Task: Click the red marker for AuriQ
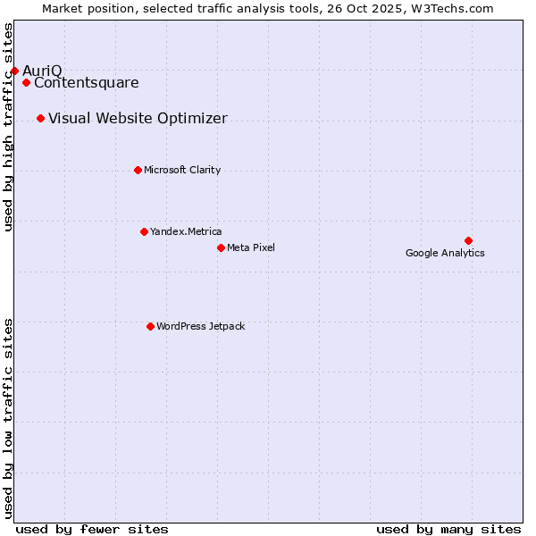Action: click(14, 71)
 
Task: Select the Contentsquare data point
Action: click(27, 83)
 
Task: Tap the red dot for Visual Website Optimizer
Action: click(41, 119)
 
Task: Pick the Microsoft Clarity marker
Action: click(138, 170)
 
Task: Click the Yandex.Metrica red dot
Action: click(144, 231)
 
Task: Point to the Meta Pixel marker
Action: click(221, 247)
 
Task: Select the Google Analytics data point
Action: click(468, 240)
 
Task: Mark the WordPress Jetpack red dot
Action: click(150, 326)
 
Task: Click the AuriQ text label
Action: click(42, 71)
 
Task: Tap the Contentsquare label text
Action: click(87, 83)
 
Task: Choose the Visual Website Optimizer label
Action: click(138, 119)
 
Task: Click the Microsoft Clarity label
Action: click(182, 170)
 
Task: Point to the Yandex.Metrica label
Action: click(186, 231)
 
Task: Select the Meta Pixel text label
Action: click(251, 247)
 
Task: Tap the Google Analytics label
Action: click(445, 253)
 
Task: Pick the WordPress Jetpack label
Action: click(200, 326)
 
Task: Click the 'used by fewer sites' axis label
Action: click(92, 529)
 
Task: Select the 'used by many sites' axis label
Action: click(448, 529)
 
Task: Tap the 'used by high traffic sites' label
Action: click(8, 127)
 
